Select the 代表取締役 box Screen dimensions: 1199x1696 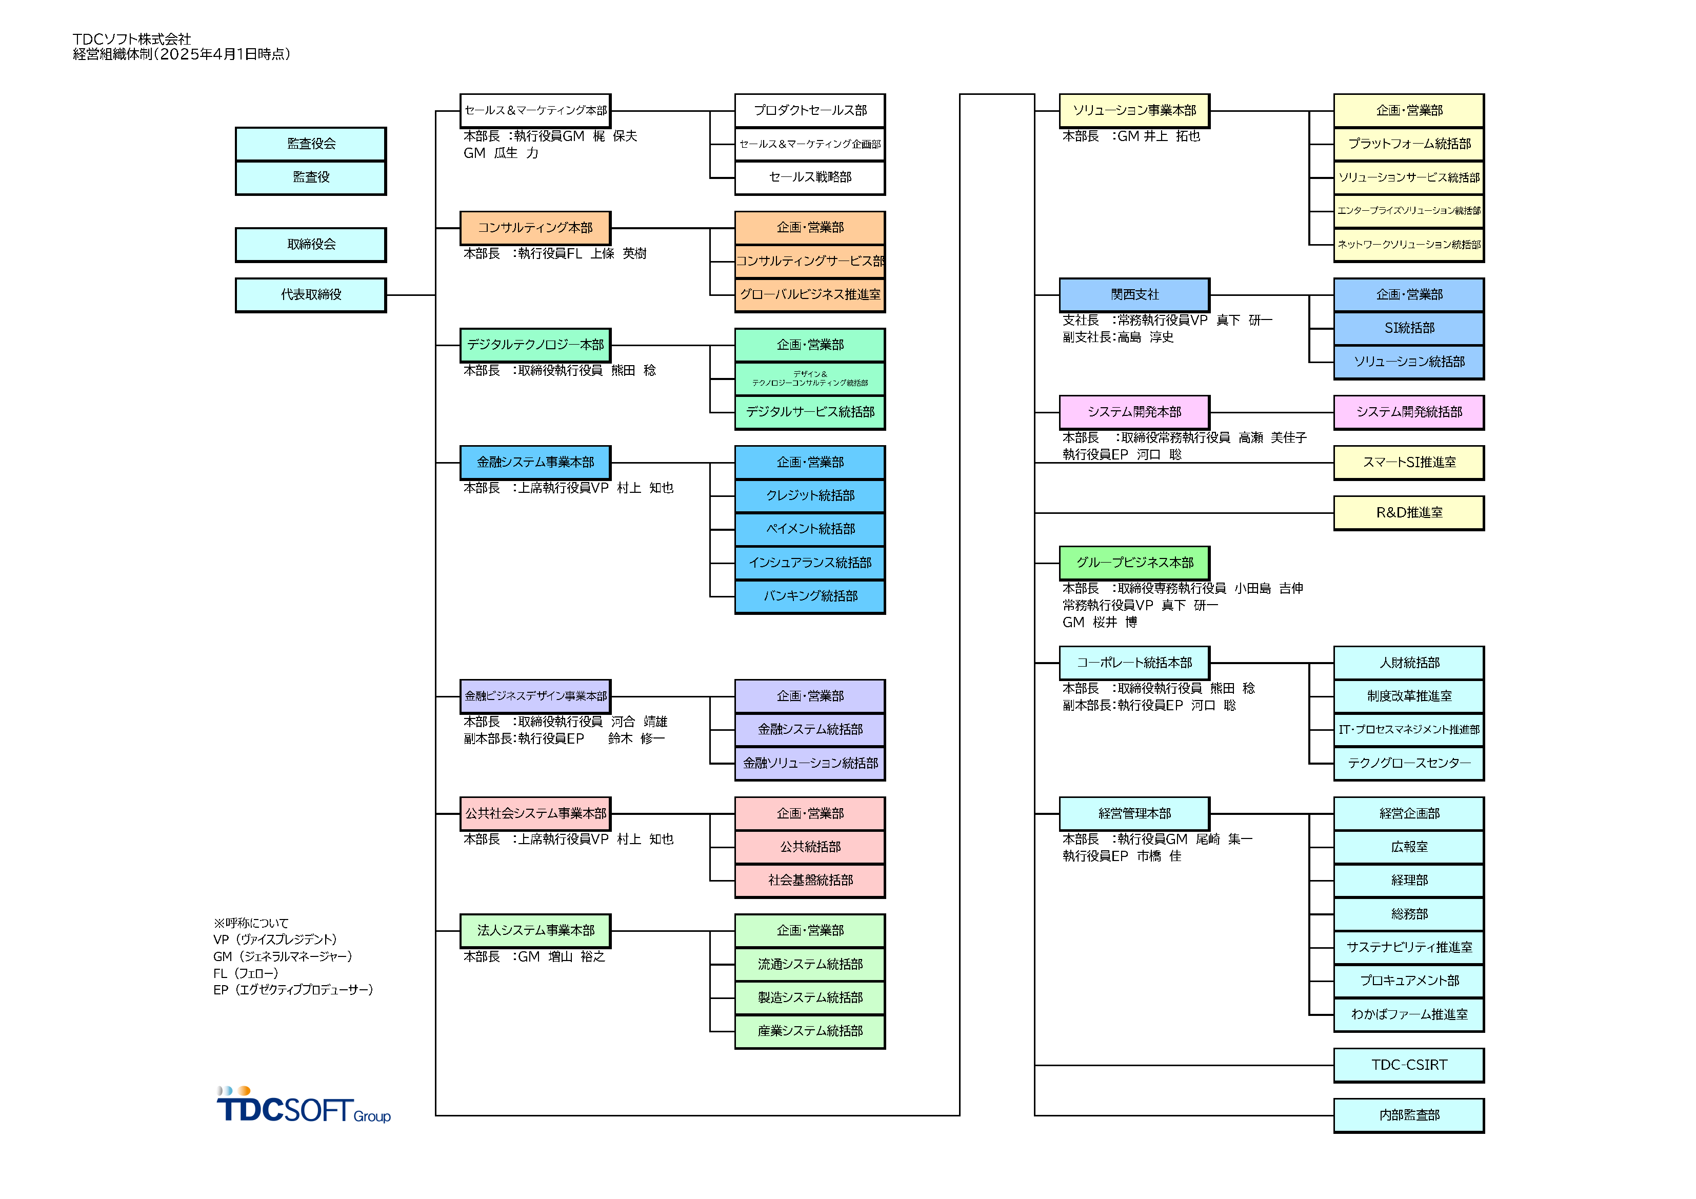click(310, 295)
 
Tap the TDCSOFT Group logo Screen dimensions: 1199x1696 click(303, 1106)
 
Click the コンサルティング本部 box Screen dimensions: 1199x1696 click(535, 228)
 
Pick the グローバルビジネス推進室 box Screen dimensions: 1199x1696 click(810, 295)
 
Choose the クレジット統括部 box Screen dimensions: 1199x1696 click(810, 496)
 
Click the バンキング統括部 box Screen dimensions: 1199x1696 click(810, 596)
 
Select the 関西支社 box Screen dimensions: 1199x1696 click(1134, 295)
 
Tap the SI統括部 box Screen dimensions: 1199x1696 click(1409, 328)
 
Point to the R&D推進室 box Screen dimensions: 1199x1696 click(1409, 513)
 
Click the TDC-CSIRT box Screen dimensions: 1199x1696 click(1409, 1065)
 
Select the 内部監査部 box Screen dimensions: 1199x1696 click(1409, 1115)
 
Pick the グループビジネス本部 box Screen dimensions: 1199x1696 click(1134, 563)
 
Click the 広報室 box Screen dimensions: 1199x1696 click(1409, 847)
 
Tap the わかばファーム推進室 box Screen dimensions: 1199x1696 click(1409, 1015)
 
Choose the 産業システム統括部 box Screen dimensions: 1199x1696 click(810, 1031)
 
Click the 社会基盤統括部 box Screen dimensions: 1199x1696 click(810, 881)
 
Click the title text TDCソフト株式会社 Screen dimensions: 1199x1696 click(131, 39)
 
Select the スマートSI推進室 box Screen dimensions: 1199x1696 click(1409, 463)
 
